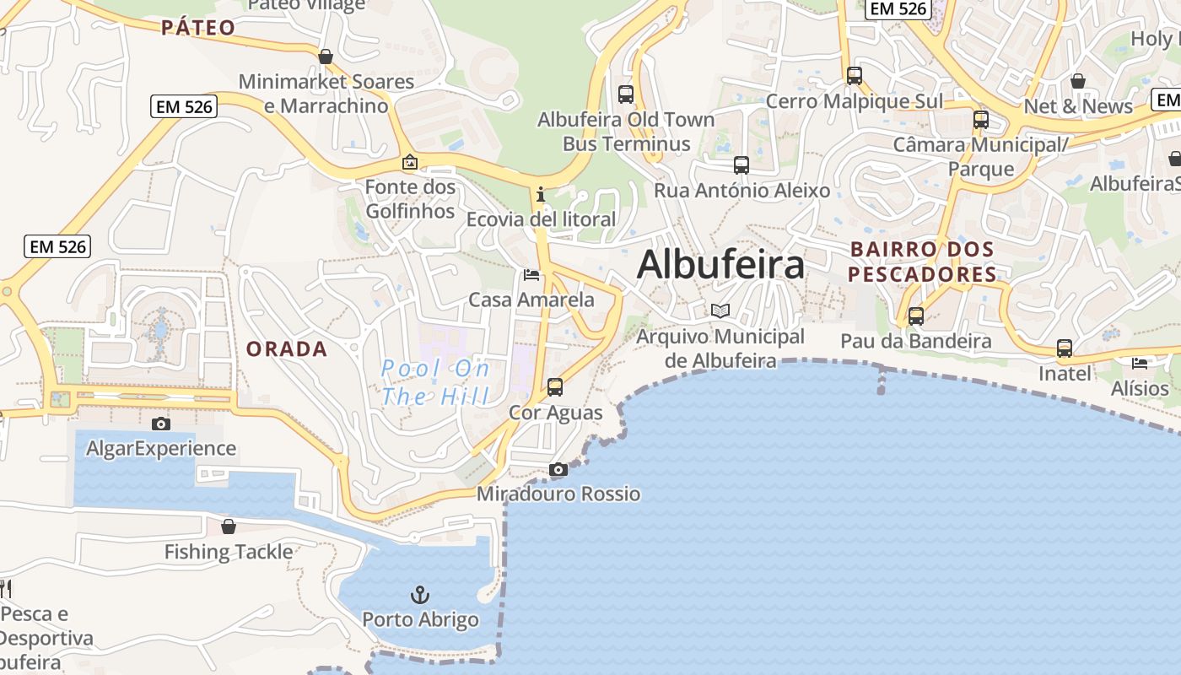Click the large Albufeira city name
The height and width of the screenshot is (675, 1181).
click(x=720, y=265)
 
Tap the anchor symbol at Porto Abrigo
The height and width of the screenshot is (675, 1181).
click(x=420, y=595)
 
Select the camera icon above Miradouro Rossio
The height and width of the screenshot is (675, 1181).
click(x=558, y=469)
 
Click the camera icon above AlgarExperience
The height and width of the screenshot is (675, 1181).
click(x=160, y=424)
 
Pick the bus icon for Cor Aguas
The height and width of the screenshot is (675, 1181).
click(x=555, y=387)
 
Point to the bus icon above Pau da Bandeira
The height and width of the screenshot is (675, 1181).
click(x=916, y=316)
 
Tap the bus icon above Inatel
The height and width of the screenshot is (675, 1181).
click(x=1065, y=348)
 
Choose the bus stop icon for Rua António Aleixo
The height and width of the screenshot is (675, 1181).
click(x=741, y=165)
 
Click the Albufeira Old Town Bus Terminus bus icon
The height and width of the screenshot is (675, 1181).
click(x=626, y=94)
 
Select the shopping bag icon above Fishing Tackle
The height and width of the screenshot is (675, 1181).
click(x=229, y=526)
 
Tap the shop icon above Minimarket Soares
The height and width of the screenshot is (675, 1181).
click(x=326, y=57)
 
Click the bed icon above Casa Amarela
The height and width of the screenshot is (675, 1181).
click(x=531, y=275)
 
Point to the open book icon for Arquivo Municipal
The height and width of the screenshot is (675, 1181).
click(x=720, y=311)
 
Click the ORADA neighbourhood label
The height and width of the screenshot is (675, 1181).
click(x=287, y=348)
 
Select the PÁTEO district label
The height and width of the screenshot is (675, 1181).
click(x=198, y=28)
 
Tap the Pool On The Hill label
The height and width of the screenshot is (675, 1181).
click(x=435, y=382)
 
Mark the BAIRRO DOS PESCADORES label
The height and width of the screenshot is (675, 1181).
click(x=922, y=262)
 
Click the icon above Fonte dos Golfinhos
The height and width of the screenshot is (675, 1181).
click(x=410, y=162)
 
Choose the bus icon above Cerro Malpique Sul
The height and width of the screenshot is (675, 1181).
click(x=855, y=76)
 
